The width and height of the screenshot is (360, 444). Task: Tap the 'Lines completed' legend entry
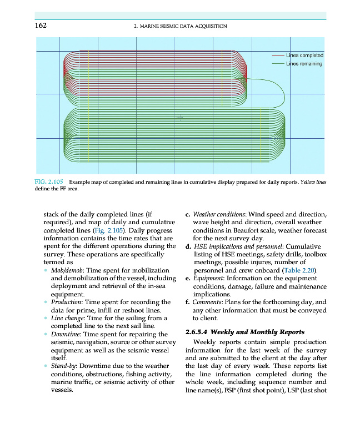(304, 56)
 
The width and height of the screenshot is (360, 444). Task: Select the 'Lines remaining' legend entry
(304, 64)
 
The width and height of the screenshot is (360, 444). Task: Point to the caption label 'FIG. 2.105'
(49, 182)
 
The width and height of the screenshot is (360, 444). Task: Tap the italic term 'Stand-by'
(63, 366)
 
